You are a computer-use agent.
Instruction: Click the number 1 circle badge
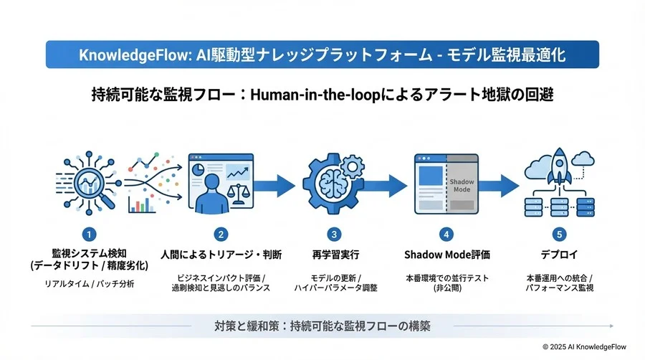(89, 235)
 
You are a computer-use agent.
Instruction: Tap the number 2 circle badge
(221, 235)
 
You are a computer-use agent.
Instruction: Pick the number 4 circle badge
(446, 235)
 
